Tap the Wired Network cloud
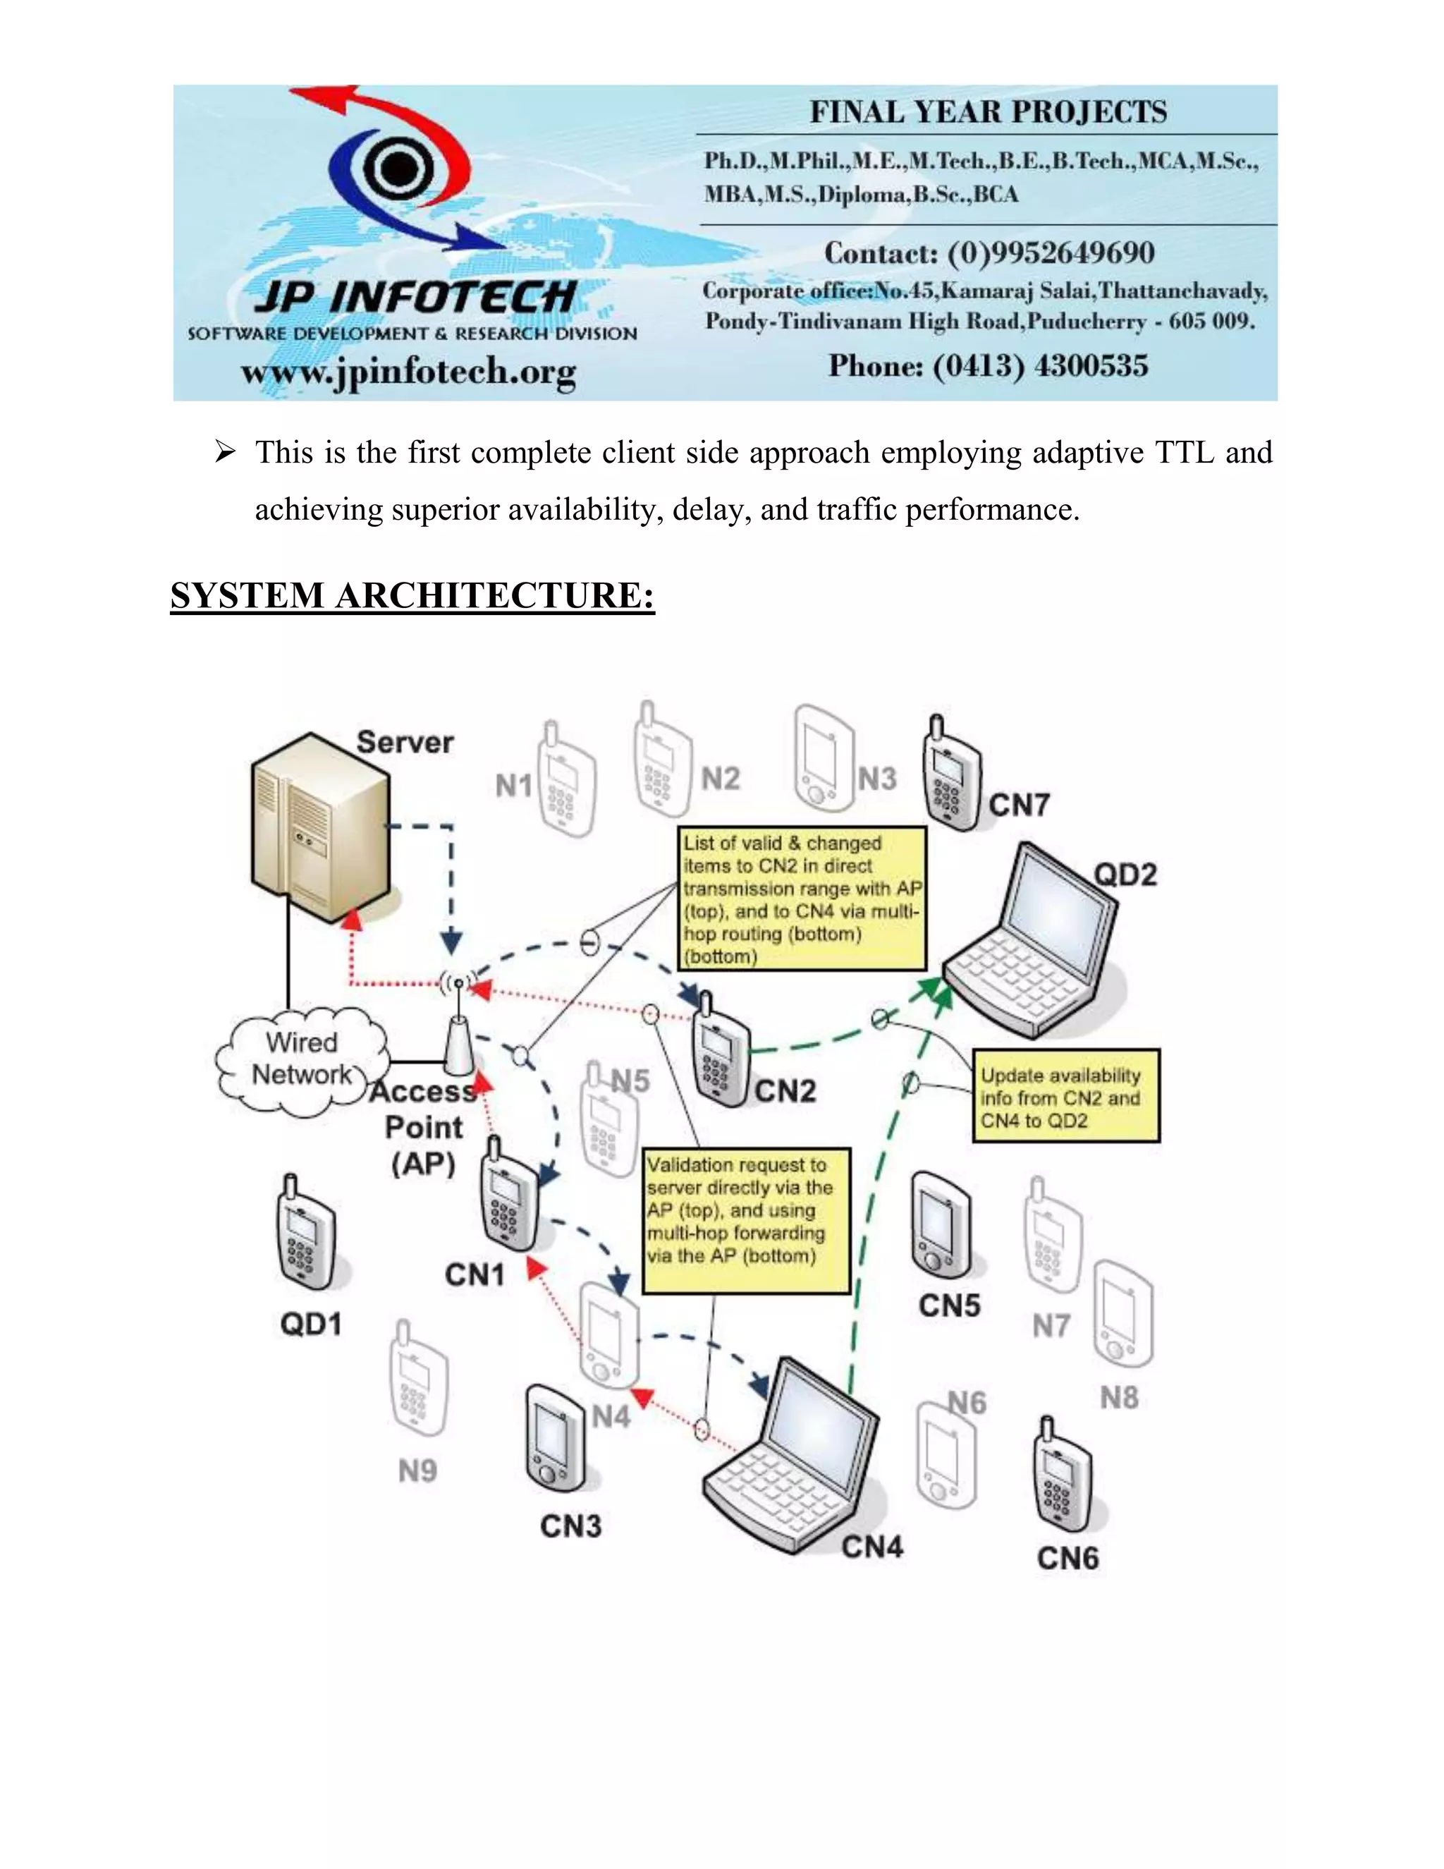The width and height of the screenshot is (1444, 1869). [301, 1060]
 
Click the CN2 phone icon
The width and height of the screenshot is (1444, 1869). [721, 1052]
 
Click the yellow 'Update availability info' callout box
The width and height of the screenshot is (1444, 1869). [1066, 1096]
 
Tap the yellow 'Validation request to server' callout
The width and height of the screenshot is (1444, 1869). [746, 1219]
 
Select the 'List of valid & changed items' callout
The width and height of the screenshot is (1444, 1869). [802, 899]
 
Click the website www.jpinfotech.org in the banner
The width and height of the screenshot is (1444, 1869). [409, 372]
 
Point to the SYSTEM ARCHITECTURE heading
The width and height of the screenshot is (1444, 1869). [412, 596]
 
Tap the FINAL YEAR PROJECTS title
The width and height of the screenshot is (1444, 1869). [988, 112]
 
